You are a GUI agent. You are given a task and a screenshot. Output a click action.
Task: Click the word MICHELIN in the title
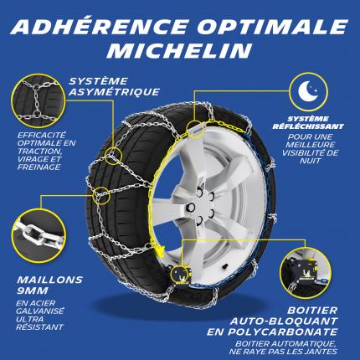coord(179,50)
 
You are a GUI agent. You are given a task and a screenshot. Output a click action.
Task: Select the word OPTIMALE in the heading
coord(273,27)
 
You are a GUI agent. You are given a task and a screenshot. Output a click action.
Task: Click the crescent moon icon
coord(308,91)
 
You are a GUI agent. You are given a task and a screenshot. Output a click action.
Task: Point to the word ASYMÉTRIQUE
coord(114,92)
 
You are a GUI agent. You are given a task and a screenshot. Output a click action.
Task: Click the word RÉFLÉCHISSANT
coord(308,126)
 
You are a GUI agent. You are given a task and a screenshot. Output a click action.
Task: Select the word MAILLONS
coord(49,280)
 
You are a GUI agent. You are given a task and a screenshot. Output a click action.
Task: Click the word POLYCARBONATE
coord(282,332)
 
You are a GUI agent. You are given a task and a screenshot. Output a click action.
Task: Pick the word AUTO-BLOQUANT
coord(284,321)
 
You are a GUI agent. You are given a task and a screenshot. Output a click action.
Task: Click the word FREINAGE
coord(39,167)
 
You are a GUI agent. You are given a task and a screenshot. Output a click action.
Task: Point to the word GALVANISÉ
coord(40,311)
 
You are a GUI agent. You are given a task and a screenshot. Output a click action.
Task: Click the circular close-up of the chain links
coord(39,235)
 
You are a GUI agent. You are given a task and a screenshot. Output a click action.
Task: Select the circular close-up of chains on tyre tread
coord(39,101)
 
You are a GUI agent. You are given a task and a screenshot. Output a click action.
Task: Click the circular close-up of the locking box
coord(305,271)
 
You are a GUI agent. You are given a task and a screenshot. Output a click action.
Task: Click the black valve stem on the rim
coord(224,266)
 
